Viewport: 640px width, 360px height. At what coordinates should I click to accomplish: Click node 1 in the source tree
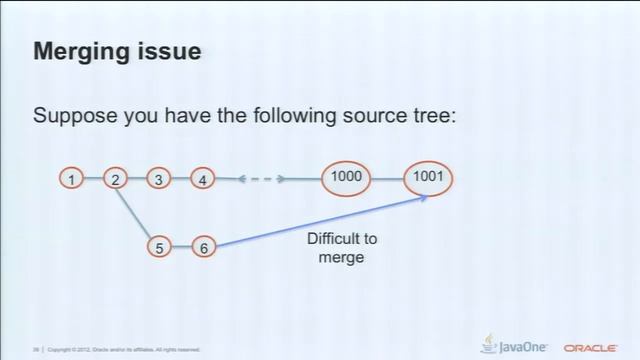(x=72, y=179)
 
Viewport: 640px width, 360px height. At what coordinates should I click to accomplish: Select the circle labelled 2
(x=116, y=179)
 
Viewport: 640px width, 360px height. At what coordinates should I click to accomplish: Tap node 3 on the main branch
(x=159, y=179)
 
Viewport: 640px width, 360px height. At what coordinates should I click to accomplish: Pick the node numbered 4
(x=203, y=179)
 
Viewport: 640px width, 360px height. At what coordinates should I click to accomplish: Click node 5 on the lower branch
(x=159, y=246)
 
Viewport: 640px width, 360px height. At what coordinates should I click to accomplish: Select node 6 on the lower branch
(x=203, y=246)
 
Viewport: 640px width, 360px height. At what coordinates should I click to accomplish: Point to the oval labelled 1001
(x=429, y=178)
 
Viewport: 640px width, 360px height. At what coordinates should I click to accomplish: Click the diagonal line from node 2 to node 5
(x=136, y=211)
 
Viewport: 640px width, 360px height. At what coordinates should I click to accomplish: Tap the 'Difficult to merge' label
(x=335, y=248)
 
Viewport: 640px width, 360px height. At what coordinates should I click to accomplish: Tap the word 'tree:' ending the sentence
(x=431, y=116)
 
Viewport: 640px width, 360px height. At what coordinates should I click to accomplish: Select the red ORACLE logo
(x=596, y=347)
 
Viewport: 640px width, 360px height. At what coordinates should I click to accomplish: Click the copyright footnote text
(x=120, y=349)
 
